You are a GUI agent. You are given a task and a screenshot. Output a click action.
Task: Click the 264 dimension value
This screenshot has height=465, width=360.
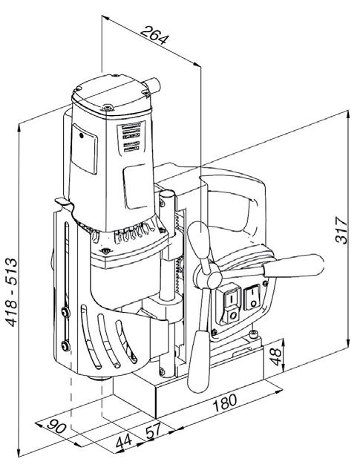pos(154,35)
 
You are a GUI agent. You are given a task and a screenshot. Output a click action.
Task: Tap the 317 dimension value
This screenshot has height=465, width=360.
pos(341,230)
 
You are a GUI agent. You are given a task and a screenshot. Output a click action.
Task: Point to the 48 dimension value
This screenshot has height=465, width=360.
pos(275,357)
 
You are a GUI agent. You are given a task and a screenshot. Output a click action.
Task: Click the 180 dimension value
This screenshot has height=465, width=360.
pos(225,403)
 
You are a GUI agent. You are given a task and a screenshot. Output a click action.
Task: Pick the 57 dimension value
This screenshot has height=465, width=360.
pos(154,431)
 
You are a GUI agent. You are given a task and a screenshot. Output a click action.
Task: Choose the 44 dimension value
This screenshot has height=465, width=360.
pos(124,441)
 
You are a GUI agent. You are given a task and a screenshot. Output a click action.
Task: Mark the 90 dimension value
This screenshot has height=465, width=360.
pos(56,426)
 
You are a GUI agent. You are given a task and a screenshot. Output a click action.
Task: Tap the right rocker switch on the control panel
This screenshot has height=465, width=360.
pos(252,297)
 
